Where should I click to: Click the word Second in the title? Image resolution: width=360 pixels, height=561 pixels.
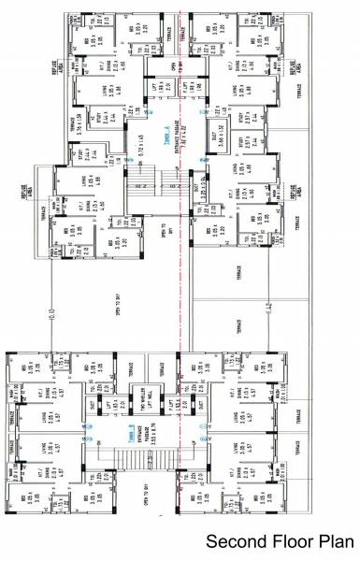[233, 541]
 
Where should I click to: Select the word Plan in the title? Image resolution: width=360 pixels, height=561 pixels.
[328, 541]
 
